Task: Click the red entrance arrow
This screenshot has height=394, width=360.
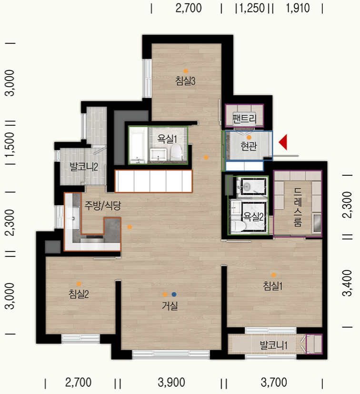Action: coord(283,142)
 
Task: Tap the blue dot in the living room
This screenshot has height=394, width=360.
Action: coord(174,294)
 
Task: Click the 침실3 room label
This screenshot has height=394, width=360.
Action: coord(185,81)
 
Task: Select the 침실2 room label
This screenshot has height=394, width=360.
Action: coord(79,294)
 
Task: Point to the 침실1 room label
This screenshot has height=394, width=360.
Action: coord(273,286)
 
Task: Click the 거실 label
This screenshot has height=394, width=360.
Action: coord(170,305)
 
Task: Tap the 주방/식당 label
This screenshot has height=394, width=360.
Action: coord(102,205)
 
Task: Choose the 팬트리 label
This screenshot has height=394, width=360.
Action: coord(244,119)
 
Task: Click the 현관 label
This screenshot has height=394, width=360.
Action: coord(249,146)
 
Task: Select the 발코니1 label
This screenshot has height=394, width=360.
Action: coord(274,345)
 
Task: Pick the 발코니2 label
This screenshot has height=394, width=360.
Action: coord(84,167)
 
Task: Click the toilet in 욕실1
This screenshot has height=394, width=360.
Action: coord(176,152)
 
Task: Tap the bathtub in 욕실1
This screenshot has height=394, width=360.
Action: coord(138,145)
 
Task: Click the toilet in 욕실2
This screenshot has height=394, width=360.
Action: coord(238,226)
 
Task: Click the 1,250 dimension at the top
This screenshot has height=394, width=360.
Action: coord(252,8)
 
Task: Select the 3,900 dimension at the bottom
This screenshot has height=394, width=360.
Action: coord(171,383)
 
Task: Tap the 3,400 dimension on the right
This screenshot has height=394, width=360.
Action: coord(348,283)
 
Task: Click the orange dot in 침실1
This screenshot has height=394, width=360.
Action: coord(274,275)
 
